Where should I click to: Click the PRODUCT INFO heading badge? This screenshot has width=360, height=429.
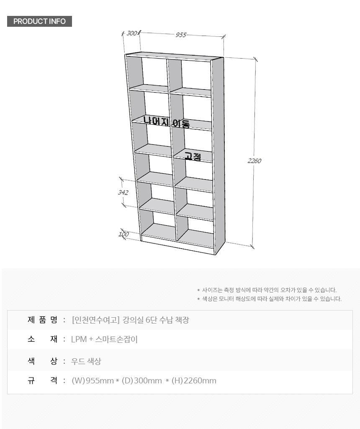coord(39,21)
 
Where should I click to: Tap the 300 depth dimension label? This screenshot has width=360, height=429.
coord(131,33)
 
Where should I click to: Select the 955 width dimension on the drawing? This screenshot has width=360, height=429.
coord(181,35)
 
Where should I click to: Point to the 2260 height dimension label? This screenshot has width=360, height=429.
coord(255,161)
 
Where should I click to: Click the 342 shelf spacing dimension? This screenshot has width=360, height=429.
coord(123,193)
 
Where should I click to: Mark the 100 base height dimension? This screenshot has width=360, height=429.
coord(123,234)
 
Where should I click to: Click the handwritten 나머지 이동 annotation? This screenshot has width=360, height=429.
coord(167,122)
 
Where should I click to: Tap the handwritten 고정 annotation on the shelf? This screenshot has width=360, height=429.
coord(193,156)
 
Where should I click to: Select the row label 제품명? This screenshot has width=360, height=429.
coord(43,320)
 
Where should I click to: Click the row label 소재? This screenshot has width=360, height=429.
coord(43,339)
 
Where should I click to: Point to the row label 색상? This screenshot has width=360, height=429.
coord(43,361)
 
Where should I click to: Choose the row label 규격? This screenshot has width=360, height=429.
coord(43,380)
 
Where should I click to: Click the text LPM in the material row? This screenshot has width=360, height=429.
coord(79,339)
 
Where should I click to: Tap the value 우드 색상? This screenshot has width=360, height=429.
coord(86,361)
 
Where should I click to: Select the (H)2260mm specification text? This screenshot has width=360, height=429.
coord(194,380)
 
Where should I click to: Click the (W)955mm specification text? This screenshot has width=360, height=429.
coord(93,380)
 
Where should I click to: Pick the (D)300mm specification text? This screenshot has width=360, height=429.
coord(142,380)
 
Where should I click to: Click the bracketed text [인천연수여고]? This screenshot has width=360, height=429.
coord(96,320)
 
